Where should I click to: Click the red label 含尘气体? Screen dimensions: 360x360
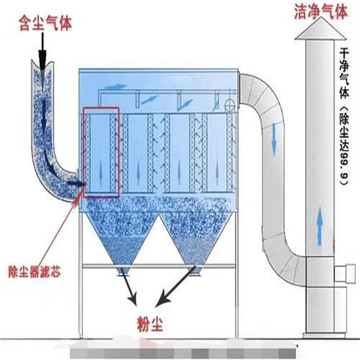(45, 22)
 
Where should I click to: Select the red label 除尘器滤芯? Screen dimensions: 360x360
(34, 272)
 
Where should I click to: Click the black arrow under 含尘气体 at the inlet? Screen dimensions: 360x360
(42, 52)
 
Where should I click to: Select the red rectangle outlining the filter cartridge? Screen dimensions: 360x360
(101, 152)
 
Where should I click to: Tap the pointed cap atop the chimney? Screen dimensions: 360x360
(320, 31)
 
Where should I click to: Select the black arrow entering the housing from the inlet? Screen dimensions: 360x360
(76, 183)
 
